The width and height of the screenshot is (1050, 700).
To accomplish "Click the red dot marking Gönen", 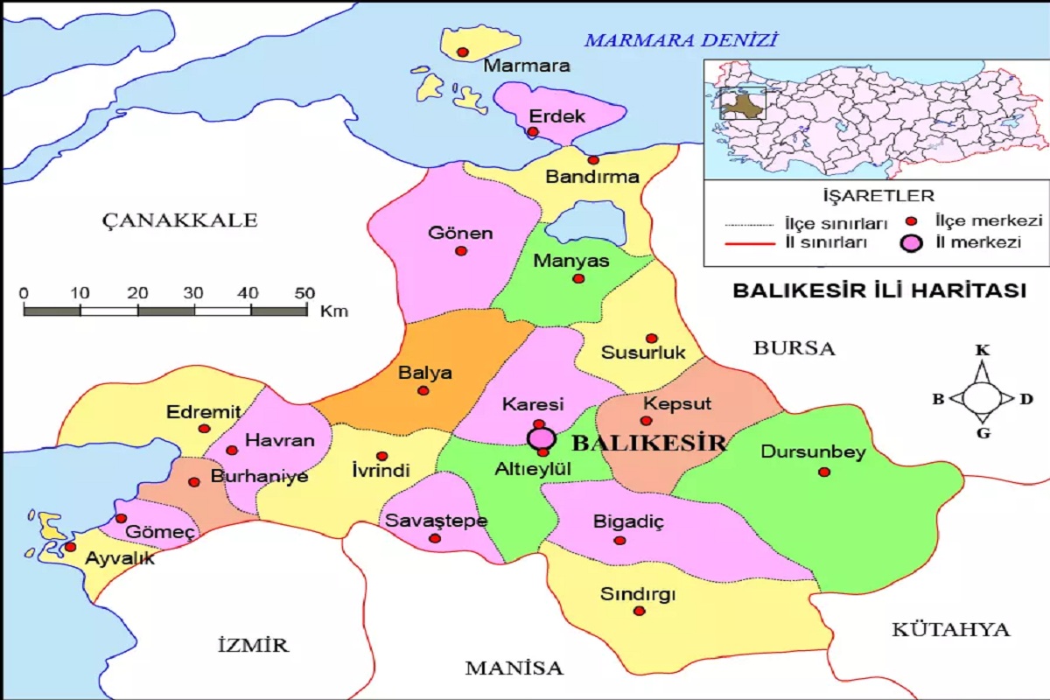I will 461,251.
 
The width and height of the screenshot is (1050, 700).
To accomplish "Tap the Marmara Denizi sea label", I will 681,39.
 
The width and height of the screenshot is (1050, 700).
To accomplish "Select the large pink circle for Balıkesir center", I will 542,437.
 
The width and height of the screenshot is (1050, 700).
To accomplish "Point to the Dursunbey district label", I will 813,452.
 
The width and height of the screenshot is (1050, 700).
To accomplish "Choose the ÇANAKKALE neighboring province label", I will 179,220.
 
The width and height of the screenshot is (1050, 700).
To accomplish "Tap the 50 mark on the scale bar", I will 304,292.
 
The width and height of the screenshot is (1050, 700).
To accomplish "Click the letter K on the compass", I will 983,351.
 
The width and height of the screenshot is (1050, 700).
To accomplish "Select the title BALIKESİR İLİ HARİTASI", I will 878,291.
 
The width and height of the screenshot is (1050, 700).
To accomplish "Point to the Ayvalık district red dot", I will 70,547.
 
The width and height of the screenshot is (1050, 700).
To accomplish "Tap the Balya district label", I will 425,373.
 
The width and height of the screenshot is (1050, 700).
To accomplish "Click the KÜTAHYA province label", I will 950,629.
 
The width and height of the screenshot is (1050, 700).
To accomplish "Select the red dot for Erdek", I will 532,132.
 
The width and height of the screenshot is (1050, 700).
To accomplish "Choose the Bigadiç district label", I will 629,521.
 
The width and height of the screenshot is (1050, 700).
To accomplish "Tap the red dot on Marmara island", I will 463,52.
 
